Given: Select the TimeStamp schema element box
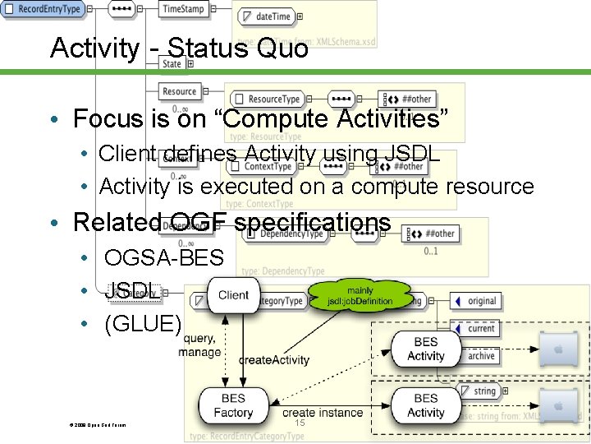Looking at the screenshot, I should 183,9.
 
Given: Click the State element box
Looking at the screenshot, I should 172,63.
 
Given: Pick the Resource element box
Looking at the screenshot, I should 180,91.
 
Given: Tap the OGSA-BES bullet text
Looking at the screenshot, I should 164,258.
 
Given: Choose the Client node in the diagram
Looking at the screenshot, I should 234,294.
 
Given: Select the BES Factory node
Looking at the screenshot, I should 233,405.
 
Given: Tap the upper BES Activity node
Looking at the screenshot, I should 425,349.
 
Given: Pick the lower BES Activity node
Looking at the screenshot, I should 425,405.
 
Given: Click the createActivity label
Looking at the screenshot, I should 274,360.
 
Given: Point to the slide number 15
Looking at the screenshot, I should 300,423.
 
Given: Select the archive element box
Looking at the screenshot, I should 481,355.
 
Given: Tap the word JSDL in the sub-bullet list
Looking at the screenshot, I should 120,291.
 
